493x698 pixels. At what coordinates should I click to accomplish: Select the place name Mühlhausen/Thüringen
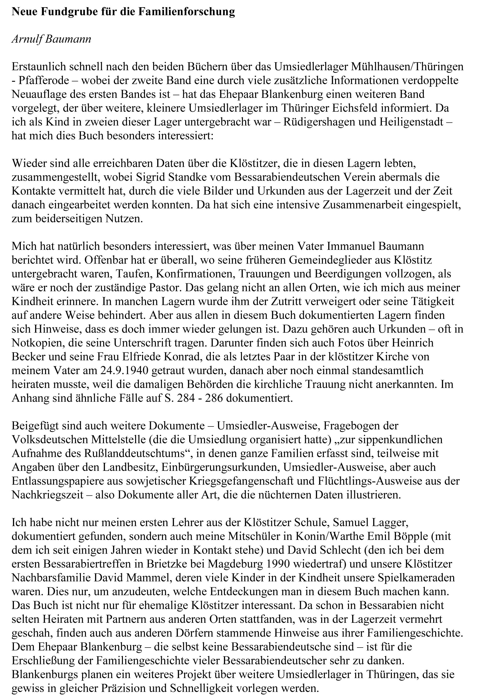407,67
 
